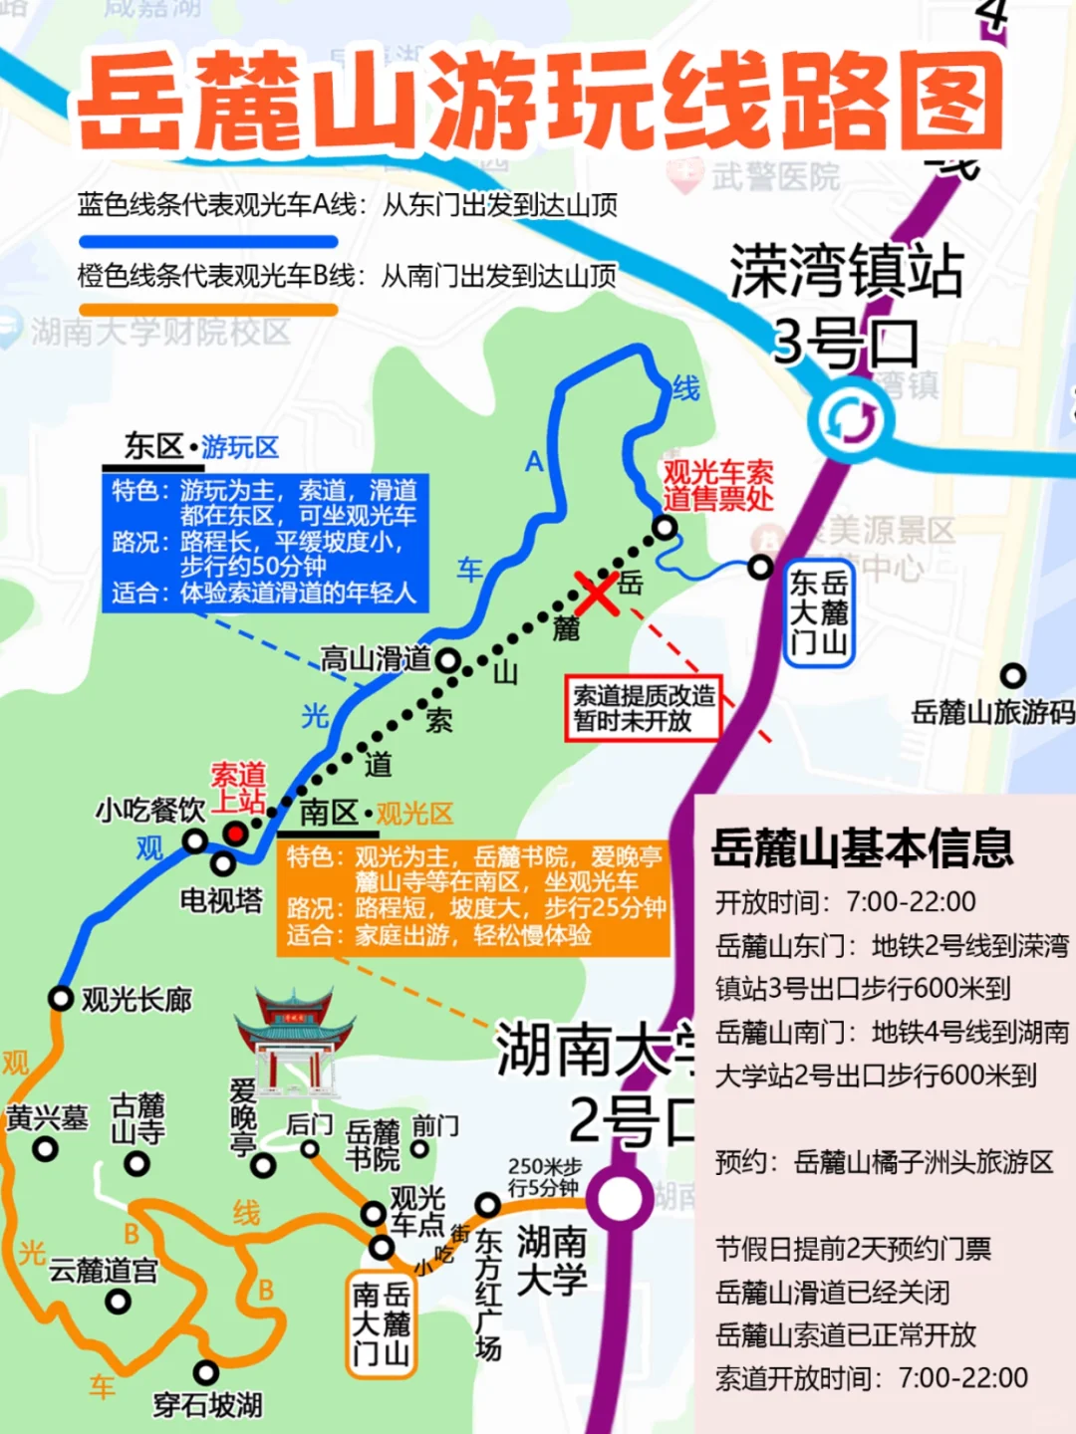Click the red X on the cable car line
tap(596, 595)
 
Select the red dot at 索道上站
tap(235, 833)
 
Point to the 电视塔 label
tap(220, 900)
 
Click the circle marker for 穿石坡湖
tap(206, 1373)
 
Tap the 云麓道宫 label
tap(104, 1271)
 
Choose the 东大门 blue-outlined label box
tap(818, 612)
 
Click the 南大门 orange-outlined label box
tap(381, 1323)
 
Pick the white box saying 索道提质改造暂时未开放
tap(644, 708)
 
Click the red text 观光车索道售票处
tap(717, 485)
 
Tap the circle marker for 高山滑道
tap(448, 660)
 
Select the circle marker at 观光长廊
tap(62, 998)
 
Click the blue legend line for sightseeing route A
tap(208, 242)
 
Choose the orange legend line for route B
tap(208, 310)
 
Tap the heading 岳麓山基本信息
tap(862, 848)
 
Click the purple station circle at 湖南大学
tap(620, 1199)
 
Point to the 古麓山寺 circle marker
tap(137, 1163)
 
